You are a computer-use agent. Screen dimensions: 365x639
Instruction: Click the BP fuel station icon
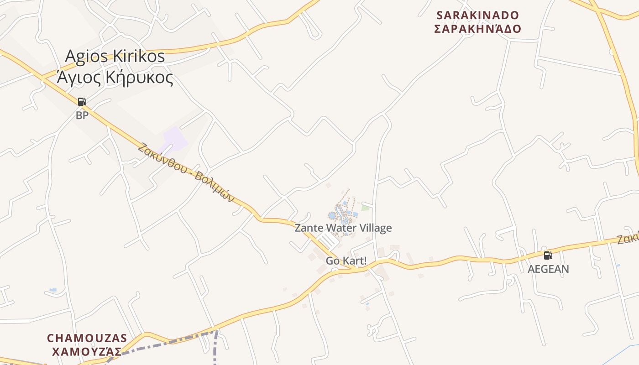(x=82, y=102)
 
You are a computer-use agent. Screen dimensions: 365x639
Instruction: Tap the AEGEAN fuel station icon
(x=548, y=255)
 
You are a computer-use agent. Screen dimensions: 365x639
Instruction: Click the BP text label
(x=82, y=115)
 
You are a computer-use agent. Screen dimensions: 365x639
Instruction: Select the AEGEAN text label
(x=548, y=269)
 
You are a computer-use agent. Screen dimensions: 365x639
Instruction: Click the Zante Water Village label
(x=343, y=228)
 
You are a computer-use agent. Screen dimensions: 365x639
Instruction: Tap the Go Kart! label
(x=346, y=261)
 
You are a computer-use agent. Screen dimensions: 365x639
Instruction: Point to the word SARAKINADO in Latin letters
(x=478, y=15)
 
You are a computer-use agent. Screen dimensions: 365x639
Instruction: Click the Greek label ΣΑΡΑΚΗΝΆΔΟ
(x=477, y=29)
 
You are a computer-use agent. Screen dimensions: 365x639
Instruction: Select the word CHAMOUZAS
(x=87, y=338)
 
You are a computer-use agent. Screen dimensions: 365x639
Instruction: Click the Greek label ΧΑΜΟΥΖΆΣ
(x=87, y=352)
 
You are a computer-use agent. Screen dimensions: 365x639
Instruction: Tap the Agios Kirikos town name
(x=115, y=56)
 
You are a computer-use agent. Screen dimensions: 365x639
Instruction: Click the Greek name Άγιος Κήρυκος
(x=115, y=78)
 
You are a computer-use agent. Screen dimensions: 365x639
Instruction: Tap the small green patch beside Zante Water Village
(x=365, y=208)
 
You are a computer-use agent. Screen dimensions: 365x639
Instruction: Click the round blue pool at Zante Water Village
(x=332, y=215)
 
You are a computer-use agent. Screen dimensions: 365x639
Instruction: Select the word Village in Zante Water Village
(x=375, y=228)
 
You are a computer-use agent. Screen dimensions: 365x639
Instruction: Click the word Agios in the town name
(x=87, y=56)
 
